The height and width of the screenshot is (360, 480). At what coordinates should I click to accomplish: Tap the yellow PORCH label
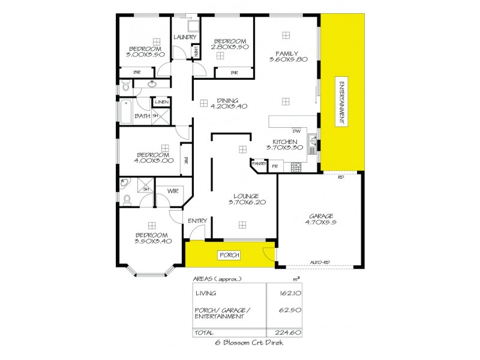(230, 255)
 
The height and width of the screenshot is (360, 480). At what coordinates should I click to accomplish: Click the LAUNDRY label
(185, 37)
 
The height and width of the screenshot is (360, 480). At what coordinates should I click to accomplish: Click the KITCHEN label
(282, 142)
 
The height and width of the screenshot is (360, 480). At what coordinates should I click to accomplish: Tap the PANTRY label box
(259, 163)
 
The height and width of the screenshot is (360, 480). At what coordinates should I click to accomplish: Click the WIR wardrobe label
(173, 191)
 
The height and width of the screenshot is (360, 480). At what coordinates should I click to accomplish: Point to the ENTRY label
(197, 221)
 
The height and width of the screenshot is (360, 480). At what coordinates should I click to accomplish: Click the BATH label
(142, 116)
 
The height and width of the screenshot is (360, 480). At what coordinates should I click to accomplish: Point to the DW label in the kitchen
(296, 131)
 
